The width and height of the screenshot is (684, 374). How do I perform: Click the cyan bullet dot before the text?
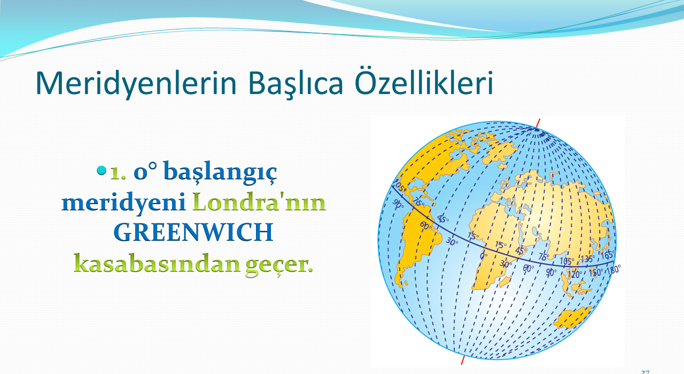point(102,170)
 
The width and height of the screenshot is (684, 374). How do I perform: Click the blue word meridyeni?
point(123,202)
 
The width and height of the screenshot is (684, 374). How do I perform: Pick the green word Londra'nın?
point(259,201)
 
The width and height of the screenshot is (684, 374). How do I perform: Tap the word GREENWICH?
point(193,232)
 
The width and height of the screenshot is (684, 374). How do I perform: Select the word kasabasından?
point(157,263)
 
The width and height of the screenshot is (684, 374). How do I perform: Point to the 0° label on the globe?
point(484,256)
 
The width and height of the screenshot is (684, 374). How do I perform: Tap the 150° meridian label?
point(596,272)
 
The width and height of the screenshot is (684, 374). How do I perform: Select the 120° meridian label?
point(574,275)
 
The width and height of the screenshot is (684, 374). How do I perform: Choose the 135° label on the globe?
point(587,259)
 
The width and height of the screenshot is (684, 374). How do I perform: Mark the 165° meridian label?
point(608,254)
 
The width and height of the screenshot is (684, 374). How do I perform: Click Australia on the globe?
point(572,317)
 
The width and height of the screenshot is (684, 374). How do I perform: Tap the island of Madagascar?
point(505,281)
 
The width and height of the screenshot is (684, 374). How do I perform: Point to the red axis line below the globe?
point(463,360)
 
